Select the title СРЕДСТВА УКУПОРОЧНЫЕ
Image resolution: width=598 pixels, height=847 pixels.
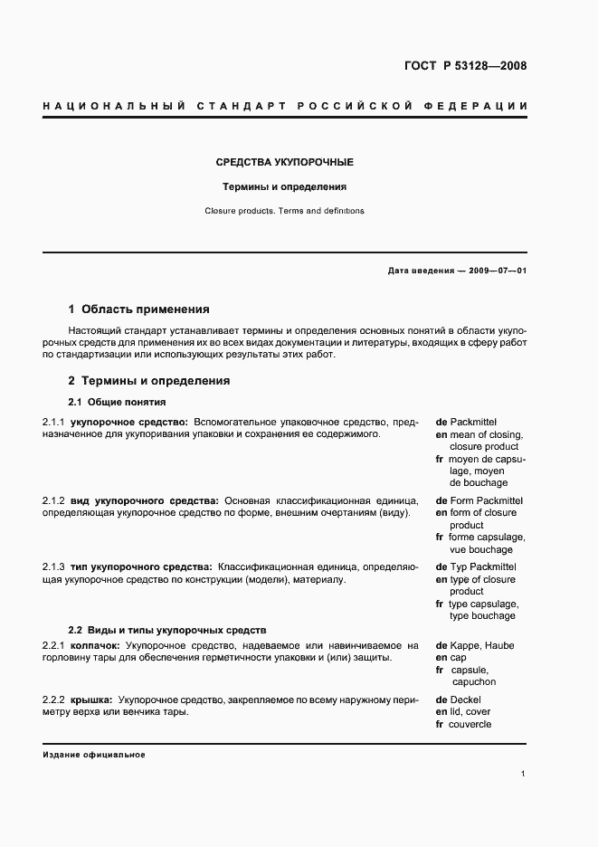click(x=284, y=162)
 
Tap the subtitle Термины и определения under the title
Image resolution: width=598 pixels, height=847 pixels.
click(x=285, y=187)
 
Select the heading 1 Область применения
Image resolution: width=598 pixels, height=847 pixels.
click(x=139, y=309)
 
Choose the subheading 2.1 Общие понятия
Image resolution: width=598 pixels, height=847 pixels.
click(x=117, y=402)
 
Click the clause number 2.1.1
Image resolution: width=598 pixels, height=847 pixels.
click(x=53, y=422)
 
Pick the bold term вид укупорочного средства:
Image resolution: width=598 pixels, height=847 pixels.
click(x=144, y=500)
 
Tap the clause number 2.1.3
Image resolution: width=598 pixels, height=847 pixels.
click(x=53, y=566)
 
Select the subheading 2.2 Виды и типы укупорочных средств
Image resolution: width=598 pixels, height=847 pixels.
click(x=167, y=629)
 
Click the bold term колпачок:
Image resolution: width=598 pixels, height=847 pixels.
click(x=96, y=645)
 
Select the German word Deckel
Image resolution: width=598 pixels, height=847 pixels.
click(x=466, y=699)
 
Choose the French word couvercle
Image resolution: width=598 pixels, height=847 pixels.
click(x=471, y=725)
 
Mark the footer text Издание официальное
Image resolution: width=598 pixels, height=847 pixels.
click(x=94, y=754)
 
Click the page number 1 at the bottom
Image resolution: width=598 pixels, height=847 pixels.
click(x=524, y=775)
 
